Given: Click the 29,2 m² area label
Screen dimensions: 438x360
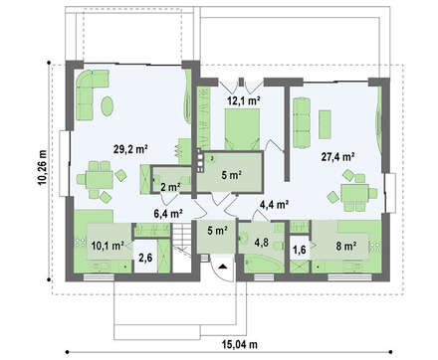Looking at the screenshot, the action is pos(130,149).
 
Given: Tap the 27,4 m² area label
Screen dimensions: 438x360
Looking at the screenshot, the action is pos(337,157).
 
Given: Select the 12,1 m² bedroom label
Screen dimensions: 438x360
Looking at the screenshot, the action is pos(244,100).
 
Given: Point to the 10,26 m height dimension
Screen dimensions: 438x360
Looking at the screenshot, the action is pos(43,168).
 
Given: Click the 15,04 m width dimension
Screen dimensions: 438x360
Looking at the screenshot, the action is pos(239,345).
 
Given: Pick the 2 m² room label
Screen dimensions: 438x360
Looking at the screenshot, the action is pos(170,187).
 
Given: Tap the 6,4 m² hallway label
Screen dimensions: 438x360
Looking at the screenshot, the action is pos(168,214).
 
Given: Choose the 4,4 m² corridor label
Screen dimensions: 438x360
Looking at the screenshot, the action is pos(274,205).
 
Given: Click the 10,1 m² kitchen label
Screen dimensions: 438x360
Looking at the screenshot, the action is pos(108,246).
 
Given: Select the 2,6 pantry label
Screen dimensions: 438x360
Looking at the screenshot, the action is pos(145,258).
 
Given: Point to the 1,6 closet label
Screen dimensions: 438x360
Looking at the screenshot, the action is pos(300,250).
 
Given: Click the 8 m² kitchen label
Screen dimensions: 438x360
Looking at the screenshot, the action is pos(345,246).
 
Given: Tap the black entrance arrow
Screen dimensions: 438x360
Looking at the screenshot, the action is pos(222,266).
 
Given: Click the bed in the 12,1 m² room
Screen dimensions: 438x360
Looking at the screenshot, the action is pos(242,129).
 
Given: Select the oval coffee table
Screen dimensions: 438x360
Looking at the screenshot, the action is pos(108,106).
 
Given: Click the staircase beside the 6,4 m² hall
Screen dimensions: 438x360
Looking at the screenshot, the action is pos(182,248).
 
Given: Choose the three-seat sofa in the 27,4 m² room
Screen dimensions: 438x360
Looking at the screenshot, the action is pos(302,122).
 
